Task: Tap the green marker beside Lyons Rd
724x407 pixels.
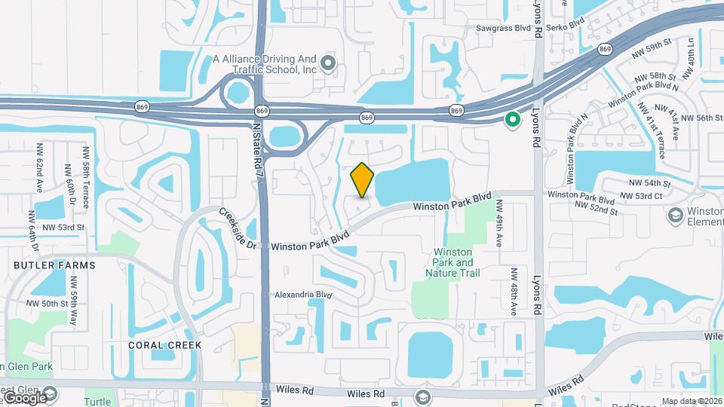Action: click(x=513, y=119)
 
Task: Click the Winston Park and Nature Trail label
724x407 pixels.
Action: click(x=452, y=262)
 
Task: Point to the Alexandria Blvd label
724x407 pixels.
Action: click(x=303, y=295)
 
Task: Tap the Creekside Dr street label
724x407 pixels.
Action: click(x=239, y=228)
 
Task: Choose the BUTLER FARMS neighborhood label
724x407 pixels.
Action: click(x=54, y=265)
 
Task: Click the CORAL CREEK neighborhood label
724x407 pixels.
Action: click(x=165, y=344)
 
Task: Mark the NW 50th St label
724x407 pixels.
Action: click(x=48, y=303)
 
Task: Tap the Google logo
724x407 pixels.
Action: click(x=25, y=397)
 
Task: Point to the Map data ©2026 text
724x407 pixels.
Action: click(x=691, y=401)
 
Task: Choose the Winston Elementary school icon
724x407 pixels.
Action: click(x=675, y=216)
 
